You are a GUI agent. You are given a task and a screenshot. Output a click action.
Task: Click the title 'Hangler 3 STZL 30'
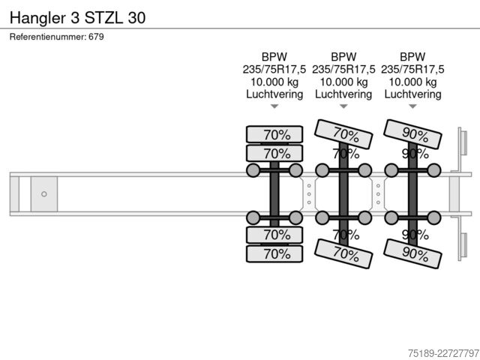click(77, 18)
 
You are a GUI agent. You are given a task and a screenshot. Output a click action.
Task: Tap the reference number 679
click(96, 37)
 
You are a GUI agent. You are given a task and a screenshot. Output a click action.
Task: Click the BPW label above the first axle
click(274, 57)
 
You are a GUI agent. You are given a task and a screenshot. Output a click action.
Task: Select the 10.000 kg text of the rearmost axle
click(412, 82)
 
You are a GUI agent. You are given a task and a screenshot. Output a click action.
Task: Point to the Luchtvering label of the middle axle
click(343, 94)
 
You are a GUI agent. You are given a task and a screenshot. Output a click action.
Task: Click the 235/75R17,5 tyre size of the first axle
click(274, 70)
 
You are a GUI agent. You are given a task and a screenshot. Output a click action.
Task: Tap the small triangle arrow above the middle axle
click(343, 106)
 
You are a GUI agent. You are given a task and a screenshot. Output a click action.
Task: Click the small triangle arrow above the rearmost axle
click(412, 106)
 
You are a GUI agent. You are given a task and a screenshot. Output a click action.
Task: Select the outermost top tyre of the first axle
click(274, 134)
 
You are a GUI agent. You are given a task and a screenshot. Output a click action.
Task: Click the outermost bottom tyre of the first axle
click(274, 253)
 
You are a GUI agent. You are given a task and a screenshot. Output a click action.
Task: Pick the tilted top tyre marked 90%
click(412, 134)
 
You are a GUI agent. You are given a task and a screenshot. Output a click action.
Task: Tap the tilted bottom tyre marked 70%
click(343, 253)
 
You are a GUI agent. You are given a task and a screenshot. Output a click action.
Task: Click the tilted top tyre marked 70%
click(343, 134)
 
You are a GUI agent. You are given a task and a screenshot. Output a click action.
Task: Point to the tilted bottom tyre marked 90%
click(412, 253)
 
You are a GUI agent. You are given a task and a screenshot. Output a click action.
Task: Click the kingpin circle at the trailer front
click(44, 194)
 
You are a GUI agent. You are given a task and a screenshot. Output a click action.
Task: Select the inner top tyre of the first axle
click(274, 153)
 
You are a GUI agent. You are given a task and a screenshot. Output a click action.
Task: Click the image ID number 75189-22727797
click(443, 353)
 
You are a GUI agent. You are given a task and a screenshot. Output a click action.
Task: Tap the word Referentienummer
click(48, 37)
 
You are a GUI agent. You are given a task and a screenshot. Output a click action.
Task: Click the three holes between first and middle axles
click(309, 194)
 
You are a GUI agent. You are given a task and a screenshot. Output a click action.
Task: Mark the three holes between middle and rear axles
click(378, 194)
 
